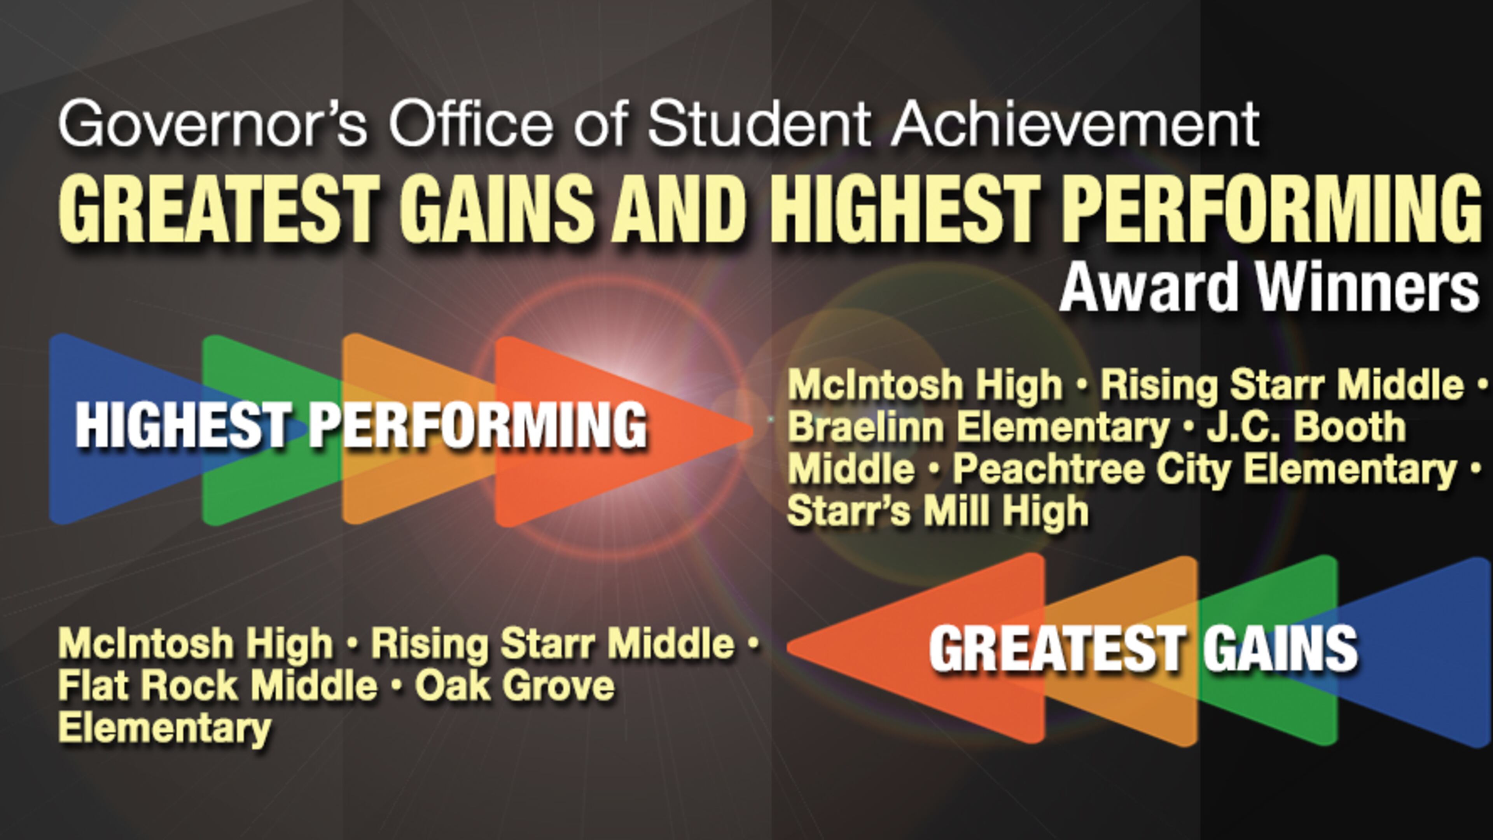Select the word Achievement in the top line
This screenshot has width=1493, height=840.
coord(1075,124)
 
